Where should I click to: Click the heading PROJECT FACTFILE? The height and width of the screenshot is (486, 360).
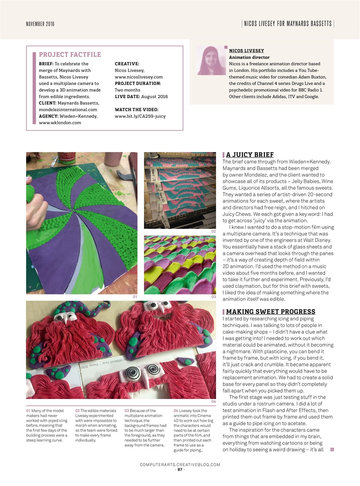(x=70, y=55)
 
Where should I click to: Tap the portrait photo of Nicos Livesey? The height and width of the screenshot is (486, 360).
(x=212, y=61)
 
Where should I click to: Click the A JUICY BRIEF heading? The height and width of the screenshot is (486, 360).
(x=249, y=155)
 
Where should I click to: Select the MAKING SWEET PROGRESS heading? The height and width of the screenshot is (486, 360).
(x=270, y=312)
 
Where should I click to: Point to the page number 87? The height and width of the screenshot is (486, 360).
(x=180, y=469)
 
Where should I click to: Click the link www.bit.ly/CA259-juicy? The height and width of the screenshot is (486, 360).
(x=140, y=116)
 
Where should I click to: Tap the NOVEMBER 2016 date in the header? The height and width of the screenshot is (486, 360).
(x=40, y=24)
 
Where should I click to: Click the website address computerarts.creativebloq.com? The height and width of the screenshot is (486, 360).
(x=180, y=464)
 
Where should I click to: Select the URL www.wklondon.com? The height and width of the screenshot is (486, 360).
(x=60, y=123)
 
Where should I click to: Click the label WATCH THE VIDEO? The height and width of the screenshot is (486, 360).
(x=136, y=110)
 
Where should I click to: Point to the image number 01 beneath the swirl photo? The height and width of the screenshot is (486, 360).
(x=134, y=297)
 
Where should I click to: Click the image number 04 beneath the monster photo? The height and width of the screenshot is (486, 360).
(x=213, y=401)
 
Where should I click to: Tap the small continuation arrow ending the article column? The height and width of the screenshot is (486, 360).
(x=332, y=450)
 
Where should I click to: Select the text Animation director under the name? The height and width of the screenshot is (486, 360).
(x=249, y=57)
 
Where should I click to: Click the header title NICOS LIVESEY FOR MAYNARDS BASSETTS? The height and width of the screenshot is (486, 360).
(x=287, y=24)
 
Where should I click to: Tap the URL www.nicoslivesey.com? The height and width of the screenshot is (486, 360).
(x=139, y=77)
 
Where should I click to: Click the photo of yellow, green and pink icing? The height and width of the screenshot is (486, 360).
(x=180, y=265)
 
